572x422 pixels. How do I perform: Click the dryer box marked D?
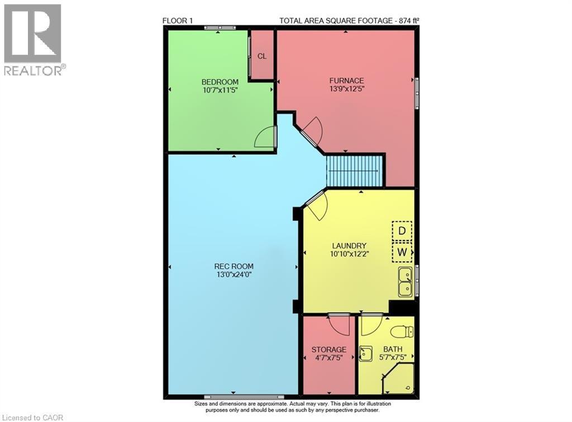point(401,231)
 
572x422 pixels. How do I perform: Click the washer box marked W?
point(401,252)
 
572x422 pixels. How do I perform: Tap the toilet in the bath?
point(402,332)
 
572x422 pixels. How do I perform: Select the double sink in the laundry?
point(406,282)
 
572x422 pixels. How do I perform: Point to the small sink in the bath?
point(366,354)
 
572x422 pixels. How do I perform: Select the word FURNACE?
point(346,80)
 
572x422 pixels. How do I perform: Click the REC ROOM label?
point(234,266)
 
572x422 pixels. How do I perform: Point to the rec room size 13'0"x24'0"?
point(234,274)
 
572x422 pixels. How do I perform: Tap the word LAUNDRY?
point(349,245)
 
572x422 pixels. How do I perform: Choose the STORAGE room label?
point(329,349)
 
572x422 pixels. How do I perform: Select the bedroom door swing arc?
point(265,137)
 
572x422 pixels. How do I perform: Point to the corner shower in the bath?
point(399,378)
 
